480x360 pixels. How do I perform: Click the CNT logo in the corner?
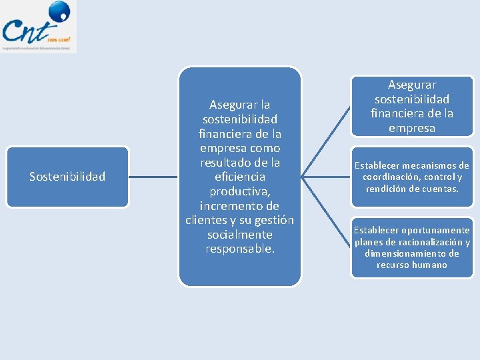tap(38, 27)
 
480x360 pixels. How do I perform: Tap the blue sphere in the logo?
tap(59, 11)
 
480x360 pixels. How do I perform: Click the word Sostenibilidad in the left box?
tap(67, 177)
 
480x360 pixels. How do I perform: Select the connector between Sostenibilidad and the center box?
tap(153, 177)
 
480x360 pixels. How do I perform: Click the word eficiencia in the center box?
tap(240, 177)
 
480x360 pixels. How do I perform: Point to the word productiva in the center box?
tap(239, 191)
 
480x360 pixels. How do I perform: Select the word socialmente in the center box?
tap(239, 235)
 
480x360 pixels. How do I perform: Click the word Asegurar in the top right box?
tap(412, 85)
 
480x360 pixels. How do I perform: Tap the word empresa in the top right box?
tap(412, 128)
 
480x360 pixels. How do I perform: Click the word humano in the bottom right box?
tap(430, 265)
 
